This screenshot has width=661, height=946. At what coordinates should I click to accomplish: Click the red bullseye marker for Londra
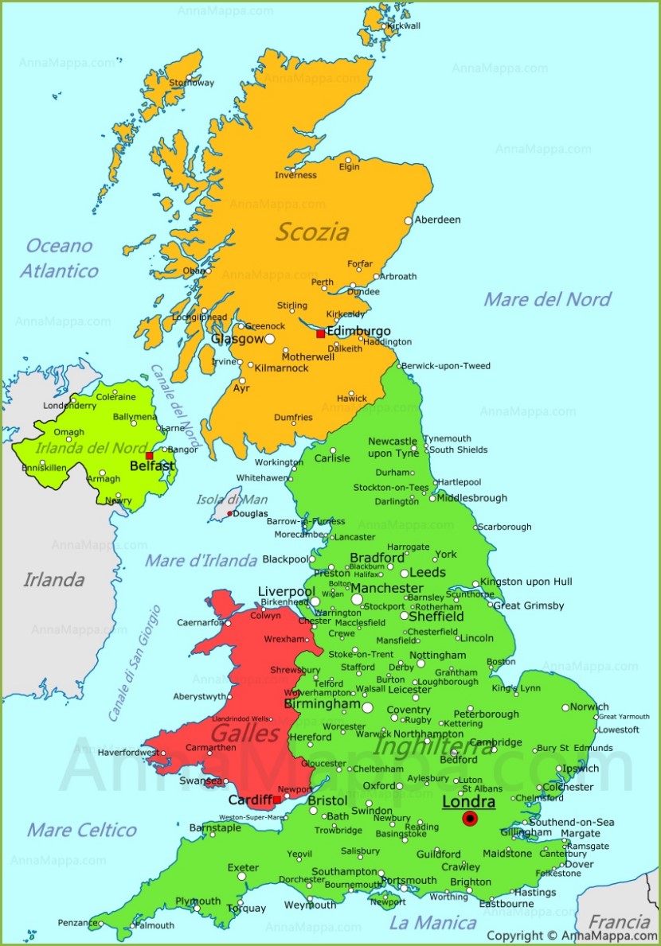click(x=469, y=819)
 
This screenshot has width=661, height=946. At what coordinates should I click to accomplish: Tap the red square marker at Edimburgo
click(x=320, y=334)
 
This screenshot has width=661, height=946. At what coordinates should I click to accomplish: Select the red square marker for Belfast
click(x=149, y=456)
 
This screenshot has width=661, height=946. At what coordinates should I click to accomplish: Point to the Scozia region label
click(x=312, y=232)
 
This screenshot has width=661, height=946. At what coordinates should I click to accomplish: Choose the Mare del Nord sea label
click(x=547, y=299)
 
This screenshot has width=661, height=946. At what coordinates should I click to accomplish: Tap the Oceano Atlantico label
click(x=59, y=258)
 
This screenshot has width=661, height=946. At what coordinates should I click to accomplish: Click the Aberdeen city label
click(x=438, y=220)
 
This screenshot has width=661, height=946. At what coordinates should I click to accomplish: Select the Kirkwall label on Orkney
click(x=402, y=26)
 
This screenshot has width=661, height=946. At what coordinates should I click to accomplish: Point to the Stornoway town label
click(x=192, y=83)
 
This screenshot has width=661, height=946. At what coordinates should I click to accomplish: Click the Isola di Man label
click(x=221, y=500)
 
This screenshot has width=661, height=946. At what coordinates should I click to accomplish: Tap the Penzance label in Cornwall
click(x=78, y=923)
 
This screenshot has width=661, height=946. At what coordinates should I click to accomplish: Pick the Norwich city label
click(x=589, y=707)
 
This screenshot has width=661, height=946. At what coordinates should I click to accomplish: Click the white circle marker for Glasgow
click(x=269, y=339)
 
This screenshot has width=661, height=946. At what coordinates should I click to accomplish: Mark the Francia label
click(x=619, y=922)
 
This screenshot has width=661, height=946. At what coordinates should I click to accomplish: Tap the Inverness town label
click(x=295, y=175)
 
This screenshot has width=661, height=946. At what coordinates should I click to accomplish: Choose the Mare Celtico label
click(x=82, y=830)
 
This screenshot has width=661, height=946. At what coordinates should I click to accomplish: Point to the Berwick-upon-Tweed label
click(x=446, y=366)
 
